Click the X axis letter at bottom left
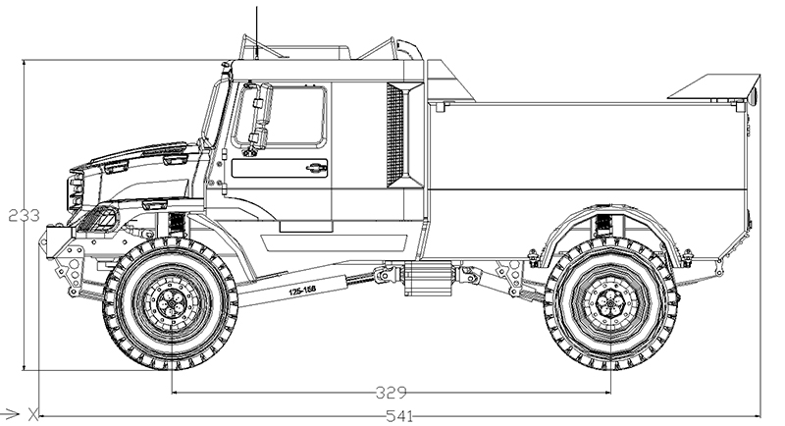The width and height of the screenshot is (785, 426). click(32, 412)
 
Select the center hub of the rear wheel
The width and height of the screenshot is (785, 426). click(610, 304)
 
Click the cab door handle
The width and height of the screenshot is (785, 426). click(313, 167)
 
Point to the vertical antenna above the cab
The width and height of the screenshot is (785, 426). click(258, 25)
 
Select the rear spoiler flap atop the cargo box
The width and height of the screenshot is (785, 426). click(713, 88)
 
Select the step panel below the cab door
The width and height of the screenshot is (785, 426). click(305, 226)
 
